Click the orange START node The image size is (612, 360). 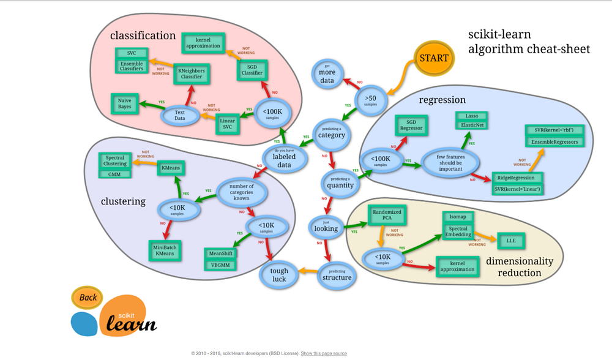point(434,58)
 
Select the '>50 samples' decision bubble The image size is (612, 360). point(370,98)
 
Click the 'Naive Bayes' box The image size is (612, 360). point(125,103)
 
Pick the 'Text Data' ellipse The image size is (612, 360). point(179,114)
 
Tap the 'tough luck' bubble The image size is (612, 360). point(278,275)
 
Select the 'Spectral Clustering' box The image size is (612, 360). point(115,160)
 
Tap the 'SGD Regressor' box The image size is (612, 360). point(411,126)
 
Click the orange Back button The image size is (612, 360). point(88,298)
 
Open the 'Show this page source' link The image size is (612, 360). point(324,353)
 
